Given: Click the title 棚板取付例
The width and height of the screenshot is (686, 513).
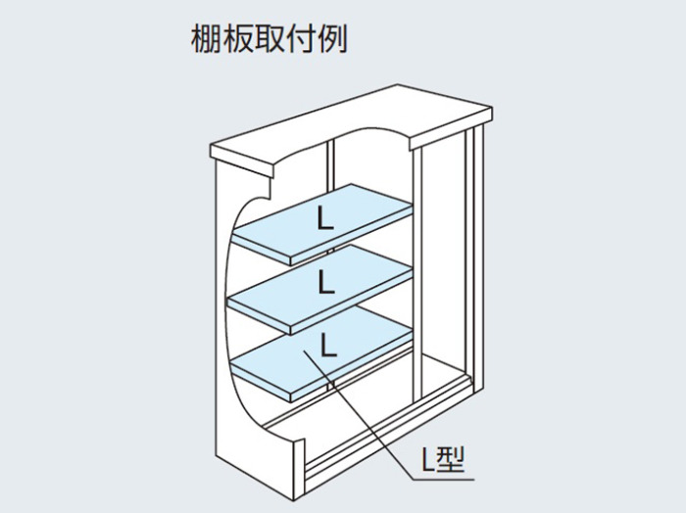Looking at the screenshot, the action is point(269,39).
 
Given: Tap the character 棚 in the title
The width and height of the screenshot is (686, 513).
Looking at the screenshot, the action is point(206,39).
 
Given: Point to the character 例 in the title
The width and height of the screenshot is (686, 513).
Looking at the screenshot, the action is point(333,39).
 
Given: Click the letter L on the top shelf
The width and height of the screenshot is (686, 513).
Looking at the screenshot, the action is point(325,219).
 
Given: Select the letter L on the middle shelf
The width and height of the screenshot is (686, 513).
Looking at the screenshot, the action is point(326,282).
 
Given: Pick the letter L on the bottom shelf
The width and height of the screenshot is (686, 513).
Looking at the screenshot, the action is point(328,346).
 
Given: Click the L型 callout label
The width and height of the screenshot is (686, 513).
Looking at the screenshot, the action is point(442,460).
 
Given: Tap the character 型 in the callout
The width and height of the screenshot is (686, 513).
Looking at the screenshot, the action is point(451,460).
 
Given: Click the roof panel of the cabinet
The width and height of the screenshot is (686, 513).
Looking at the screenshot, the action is point(351,123).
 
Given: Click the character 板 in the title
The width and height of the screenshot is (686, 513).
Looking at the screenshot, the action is point(237,39).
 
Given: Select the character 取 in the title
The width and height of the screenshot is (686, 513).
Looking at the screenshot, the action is point(269,39).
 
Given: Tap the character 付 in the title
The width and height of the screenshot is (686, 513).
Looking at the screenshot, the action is point(301,39).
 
